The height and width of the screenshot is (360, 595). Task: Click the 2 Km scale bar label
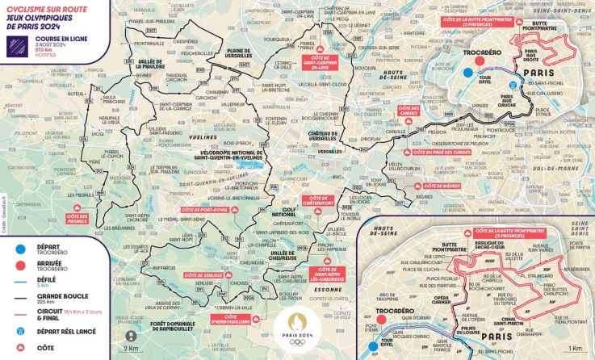[132, 349]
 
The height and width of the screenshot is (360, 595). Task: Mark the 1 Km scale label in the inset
[574, 349]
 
